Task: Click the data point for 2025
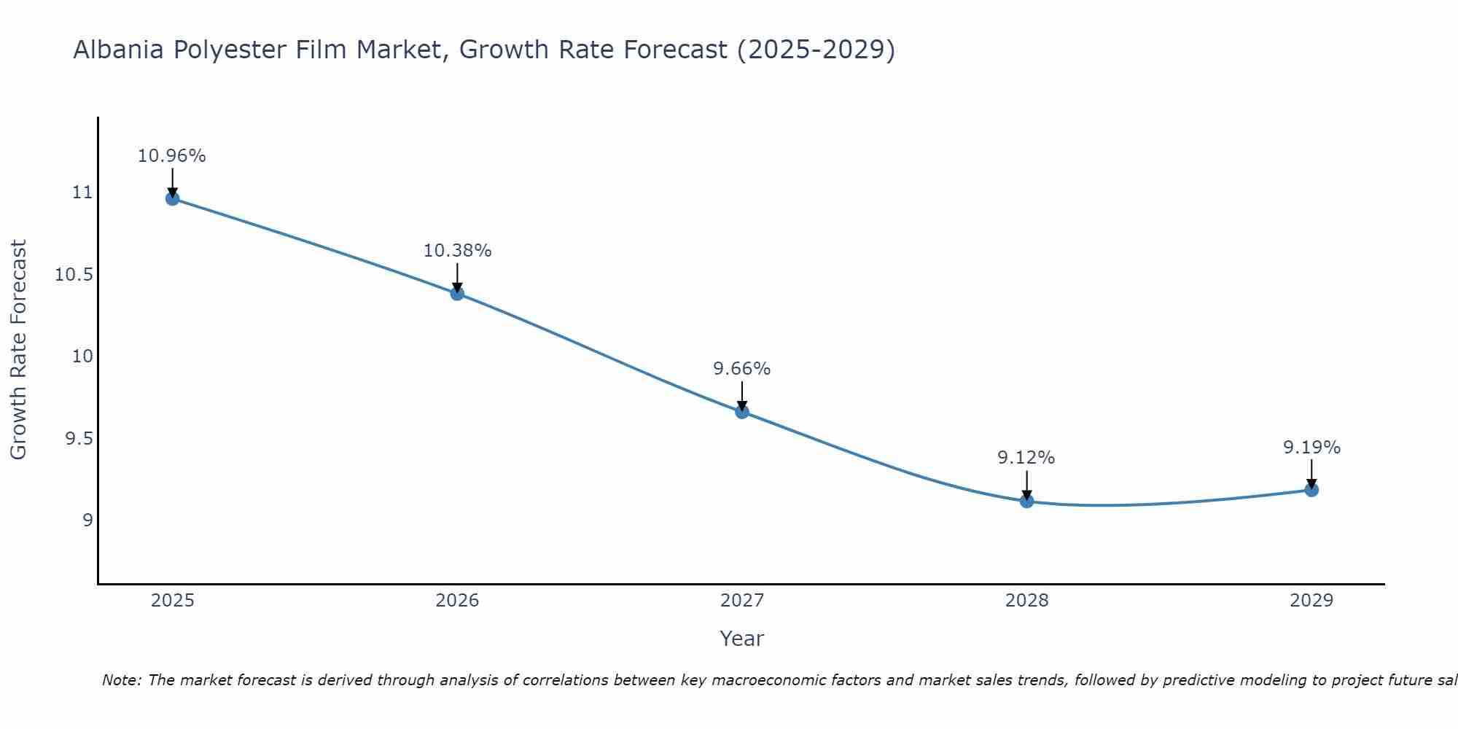tap(172, 198)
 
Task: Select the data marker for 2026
tap(457, 293)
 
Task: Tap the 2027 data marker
tap(742, 411)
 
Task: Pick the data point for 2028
tap(1026, 501)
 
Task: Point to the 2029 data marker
tap(1311, 489)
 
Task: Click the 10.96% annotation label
tap(172, 156)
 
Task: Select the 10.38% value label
tap(457, 251)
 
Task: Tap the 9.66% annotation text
tap(742, 369)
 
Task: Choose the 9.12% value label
tap(1026, 458)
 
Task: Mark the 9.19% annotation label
tap(1311, 448)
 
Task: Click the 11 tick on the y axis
tap(82, 192)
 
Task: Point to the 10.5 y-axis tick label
tap(74, 275)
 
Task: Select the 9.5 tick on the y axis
tap(79, 438)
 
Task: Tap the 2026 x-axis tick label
tap(457, 601)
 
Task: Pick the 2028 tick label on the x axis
tap(1026, 601)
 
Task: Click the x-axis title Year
tap(741, 639)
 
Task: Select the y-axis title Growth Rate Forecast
tap(18, 350)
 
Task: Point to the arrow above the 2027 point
tap(742, 395)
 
